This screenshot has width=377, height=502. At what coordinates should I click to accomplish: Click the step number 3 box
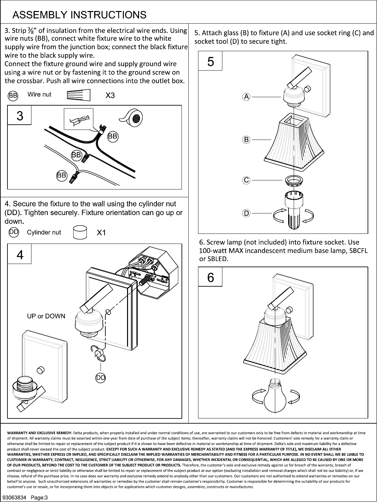pyautogui.click(x=19, y=115)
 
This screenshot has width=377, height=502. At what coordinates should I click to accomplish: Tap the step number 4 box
pyautogui.click(x=19, y=254)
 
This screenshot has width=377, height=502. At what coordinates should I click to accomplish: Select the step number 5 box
pyautogui.click(x=210, y=61)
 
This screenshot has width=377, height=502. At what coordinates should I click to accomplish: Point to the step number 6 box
pyautogui.click(x=210, y=277)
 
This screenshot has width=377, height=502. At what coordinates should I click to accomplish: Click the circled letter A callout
pyautogui.click(x=246, y=97)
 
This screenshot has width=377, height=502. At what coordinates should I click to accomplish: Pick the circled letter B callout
pyautogui.click(x=246, y=140)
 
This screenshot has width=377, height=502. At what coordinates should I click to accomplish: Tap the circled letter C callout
pyautogui.click(x=246, y=180)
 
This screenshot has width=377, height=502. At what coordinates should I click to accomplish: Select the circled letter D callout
pyautogui.click(x=246, y=213)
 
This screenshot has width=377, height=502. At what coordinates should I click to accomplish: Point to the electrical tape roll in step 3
pyautogui.click(x=132, y=118)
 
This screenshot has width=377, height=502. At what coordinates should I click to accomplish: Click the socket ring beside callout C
pyautogui.click(x=294, y=180)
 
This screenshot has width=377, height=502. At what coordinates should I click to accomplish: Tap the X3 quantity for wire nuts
pyautogui.click(x=110, y=95)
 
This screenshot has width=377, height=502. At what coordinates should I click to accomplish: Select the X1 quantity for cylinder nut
pyautogui.click(x=101, y=233)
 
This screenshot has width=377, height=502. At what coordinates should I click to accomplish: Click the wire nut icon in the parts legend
pyautogui.click(x=78, y=95)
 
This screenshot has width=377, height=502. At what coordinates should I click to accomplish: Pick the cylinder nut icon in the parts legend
pyautogui.click(x=80, y=232)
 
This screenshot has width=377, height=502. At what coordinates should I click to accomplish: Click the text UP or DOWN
pyautogui.click(x=46, y=316)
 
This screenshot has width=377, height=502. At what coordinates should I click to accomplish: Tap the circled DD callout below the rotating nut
pyautogui.click(x=100, y=378)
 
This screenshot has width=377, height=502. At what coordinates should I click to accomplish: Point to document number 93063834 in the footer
pyautogui.click(x=14, y=497)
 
